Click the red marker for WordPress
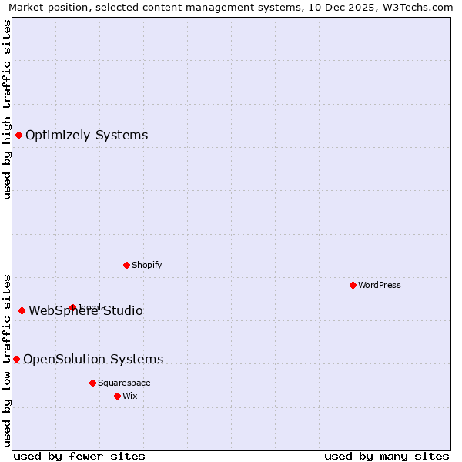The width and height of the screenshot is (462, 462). pyautogui.click(x=353, y=285)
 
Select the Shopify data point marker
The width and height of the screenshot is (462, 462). pyautogui.click(x=126, y=265)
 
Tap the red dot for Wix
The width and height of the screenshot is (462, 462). pyautogui.click(x=117, y=396)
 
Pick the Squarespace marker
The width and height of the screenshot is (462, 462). pyautogui.click(x=92, y=383)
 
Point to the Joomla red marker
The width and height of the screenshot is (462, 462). pyautogui.click(x=72, y=307)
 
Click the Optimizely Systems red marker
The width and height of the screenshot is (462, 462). pyautogui.click(x=18, y=136)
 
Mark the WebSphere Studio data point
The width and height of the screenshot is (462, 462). pyautogui.click(x=22, y=311)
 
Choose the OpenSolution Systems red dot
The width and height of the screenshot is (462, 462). pyautogui.click(x=16, y=360)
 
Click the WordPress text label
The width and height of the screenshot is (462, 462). pyautogui.click(x=380, y=285)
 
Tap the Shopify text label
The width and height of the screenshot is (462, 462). pyautogui.click(x=147, y=265)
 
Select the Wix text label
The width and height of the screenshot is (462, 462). pyautogui.click(x=130, y=396)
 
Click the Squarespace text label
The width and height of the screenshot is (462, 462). pyautogui.click(x=124, y=383)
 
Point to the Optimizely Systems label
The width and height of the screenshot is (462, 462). pyautogui.click(x=87, y=136)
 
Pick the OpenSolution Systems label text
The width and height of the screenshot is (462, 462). pyautogui.click(x=93, y=360)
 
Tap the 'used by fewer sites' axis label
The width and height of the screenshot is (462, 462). pyautogui.click(x=79, y=456)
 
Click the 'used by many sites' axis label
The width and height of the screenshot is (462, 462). pyautogui.click(x=387, y=456)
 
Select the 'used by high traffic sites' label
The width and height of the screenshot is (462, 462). pyautogui.click(x=7, y=109)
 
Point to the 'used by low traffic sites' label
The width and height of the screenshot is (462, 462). pyautogui.click(x=7, y=360)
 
